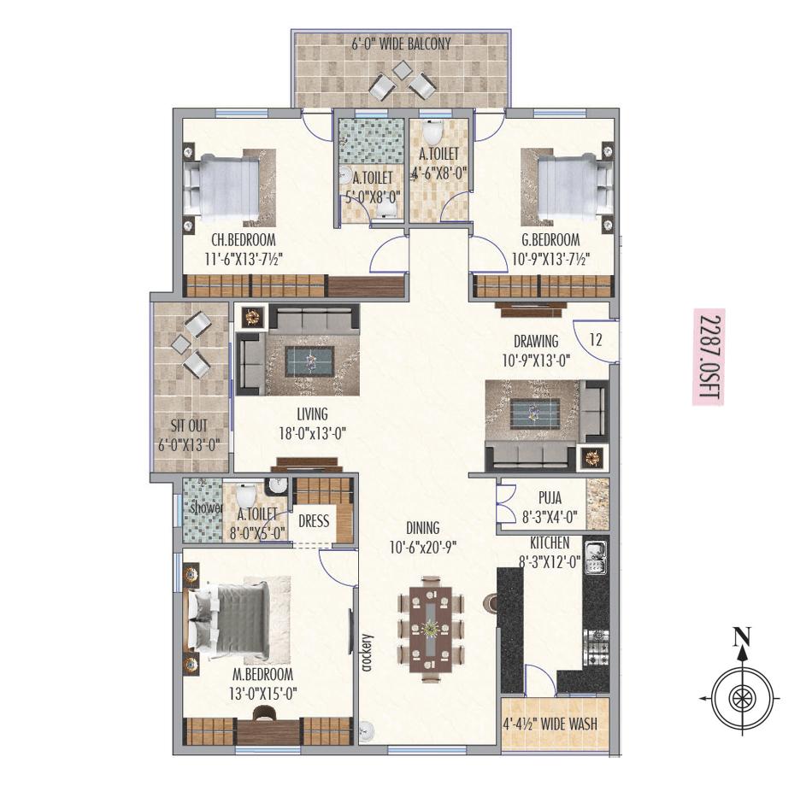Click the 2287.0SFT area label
pyautogui.click(x=708, y=357)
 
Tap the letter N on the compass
pyautogui.click(x=742, y=636)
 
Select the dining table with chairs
pyautogui.click(x=431, y=629)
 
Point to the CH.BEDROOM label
pyautogui.click(x=244, y=240)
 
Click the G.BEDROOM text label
pyautogui.click(x=550, y=240)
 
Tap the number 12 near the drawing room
pyautogui.click(x=596, y=339)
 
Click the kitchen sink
pyautogui.click(x=595, y=556)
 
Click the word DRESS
pyautogui.click(x=314, y=520)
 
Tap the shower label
pyautogui.click(x=205, y=507)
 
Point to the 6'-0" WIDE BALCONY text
pyautogui.click(x=401, y=43)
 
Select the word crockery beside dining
pyautogui.click(x=367, y=654)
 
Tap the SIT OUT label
pyautogui.click(x=190, y=425)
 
